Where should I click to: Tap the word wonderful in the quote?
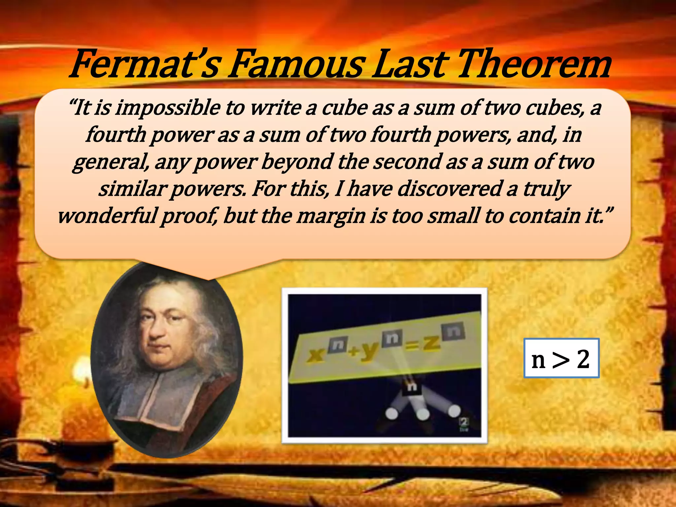pyautogui.click(x=107, y=216)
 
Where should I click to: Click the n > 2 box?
pyautogui.click(x=561, y=358)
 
